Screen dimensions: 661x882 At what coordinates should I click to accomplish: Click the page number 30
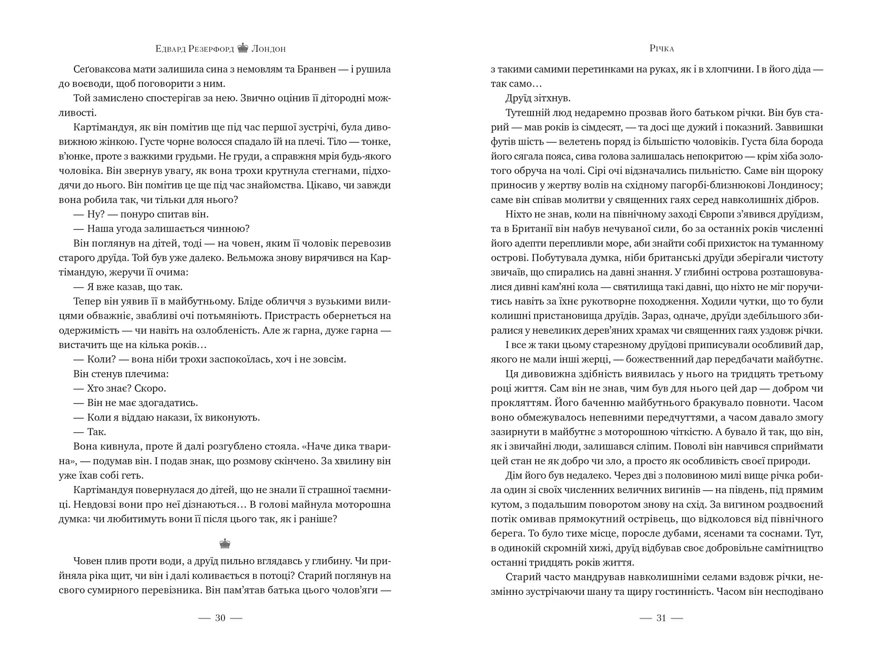click(220, 618)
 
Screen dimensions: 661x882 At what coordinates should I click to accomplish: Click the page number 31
click(661, 618)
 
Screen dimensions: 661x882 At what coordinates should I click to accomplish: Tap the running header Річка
click(661, 48)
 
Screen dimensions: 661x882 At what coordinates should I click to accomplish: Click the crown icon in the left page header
click(243, 48)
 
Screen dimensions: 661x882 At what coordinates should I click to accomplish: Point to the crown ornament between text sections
click(225, 544)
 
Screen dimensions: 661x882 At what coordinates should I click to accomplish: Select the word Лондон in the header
click(268, 49)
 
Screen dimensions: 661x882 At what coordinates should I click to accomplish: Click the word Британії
click(530, 229)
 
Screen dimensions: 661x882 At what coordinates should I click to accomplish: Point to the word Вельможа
click(248, 258)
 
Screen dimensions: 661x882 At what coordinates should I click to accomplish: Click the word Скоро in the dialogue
click(152, 388)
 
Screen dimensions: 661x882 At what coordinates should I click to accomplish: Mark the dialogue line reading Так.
click(96, 431)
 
